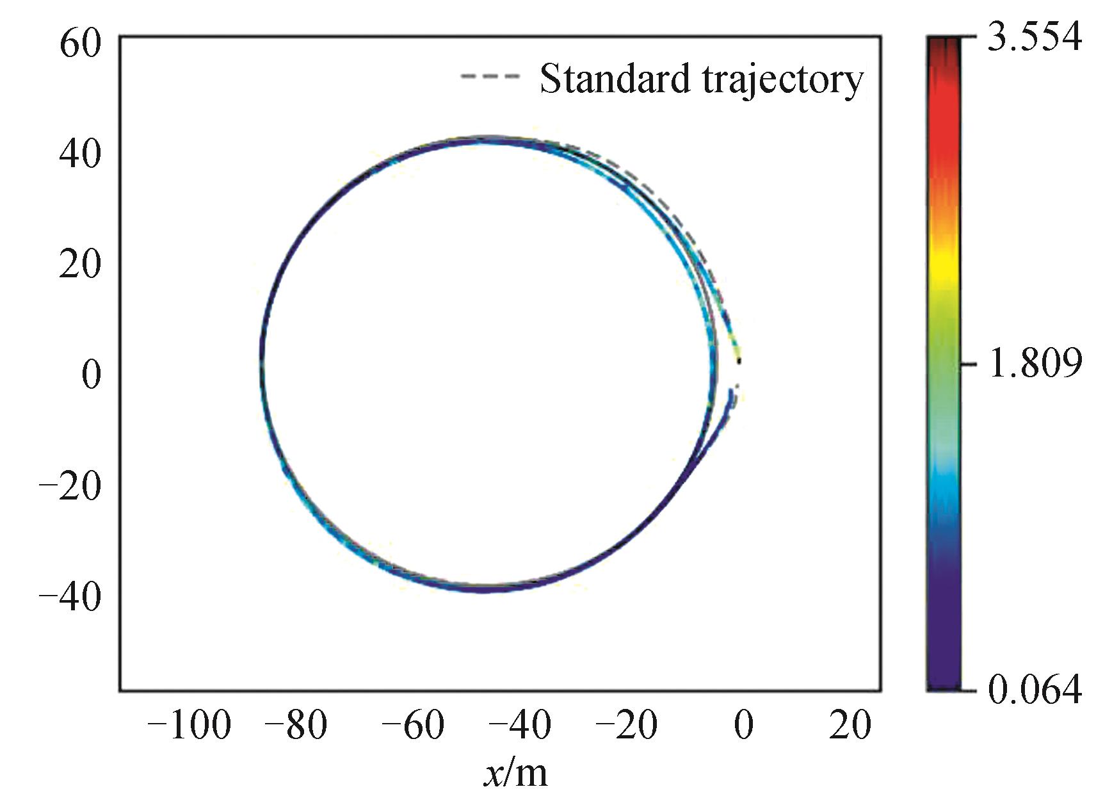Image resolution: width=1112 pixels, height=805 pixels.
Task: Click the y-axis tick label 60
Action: (81, 45)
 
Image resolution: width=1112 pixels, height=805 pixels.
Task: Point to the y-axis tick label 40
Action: (81, 154)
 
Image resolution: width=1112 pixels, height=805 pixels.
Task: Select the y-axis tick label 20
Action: (81, 264)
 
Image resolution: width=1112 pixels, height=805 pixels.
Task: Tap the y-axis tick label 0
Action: (92, 374)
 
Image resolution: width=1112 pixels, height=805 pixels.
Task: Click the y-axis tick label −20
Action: (70, 485)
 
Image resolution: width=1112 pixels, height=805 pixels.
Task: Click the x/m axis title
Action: (516, 773)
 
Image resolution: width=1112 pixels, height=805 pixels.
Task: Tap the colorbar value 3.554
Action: (1035, 37)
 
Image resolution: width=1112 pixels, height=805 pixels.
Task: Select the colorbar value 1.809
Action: (1035, 363)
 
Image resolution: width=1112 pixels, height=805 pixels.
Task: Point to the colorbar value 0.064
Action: (1035, 690)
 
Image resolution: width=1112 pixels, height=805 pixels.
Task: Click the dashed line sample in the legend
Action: (490, 76)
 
